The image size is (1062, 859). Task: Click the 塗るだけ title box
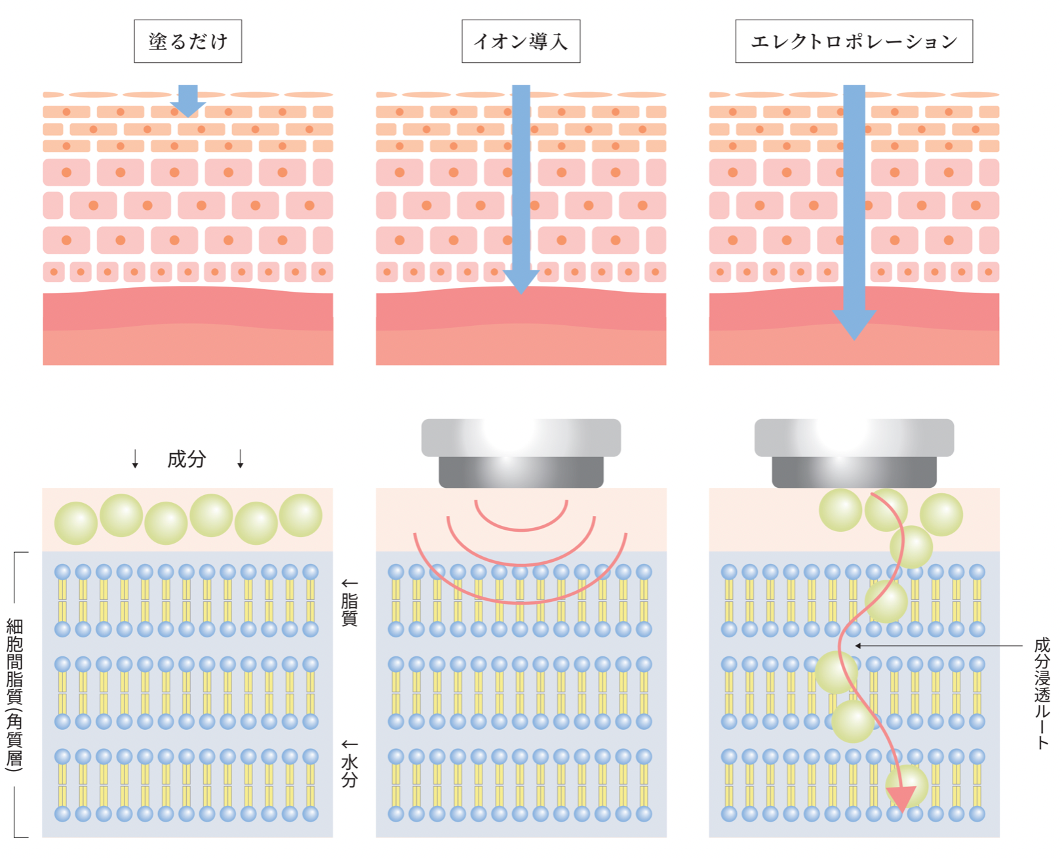187,41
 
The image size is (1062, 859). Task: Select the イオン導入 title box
521,41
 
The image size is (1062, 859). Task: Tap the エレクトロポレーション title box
854,41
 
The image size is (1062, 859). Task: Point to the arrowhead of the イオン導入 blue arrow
521,281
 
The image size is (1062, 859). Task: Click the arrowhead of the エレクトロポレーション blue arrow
854,324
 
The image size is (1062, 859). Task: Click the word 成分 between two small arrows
187,459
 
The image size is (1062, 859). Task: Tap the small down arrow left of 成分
135,459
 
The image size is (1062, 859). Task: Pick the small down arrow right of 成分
241,459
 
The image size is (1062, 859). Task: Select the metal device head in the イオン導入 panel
521,452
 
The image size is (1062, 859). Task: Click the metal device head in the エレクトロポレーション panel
854,452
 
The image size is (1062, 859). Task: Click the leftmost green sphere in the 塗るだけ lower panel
76,523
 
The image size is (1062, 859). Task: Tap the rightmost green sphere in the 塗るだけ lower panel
301,515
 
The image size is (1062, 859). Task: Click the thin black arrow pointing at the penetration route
937,646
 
